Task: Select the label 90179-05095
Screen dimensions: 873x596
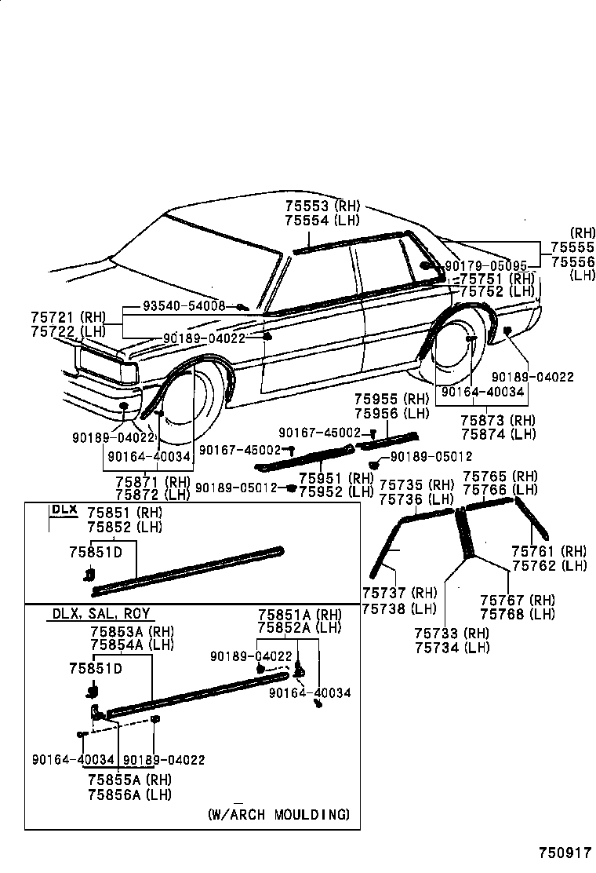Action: (492, 267)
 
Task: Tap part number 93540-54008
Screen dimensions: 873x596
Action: (184, 305)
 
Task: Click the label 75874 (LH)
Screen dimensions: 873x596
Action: (498, 433)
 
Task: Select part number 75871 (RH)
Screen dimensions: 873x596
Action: (152, 481)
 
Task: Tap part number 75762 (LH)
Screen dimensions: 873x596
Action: (549, 565)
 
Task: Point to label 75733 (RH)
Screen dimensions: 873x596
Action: (452, 634)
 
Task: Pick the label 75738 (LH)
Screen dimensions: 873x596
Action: (399, 607)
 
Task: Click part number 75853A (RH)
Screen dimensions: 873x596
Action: (132, 631)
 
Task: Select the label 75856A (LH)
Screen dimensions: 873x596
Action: (129, 794)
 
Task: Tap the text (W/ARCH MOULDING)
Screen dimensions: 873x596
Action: (278, 813)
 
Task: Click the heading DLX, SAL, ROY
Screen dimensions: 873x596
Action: (101, 614)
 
